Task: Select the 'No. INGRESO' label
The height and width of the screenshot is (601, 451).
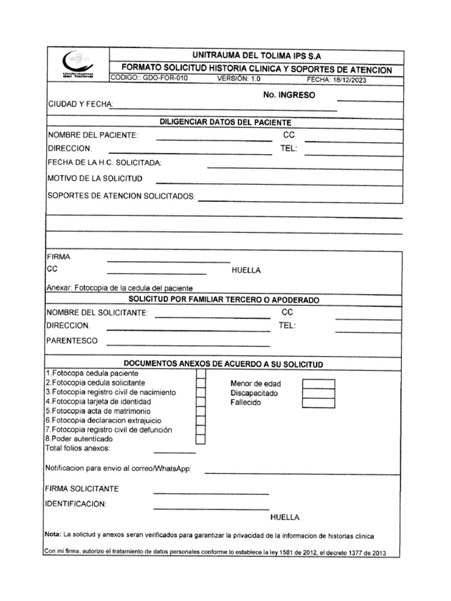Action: (290, 95)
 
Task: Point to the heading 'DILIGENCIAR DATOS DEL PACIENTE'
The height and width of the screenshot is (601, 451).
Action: (225, 122)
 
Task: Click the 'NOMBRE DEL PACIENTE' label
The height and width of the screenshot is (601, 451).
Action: (92, 136)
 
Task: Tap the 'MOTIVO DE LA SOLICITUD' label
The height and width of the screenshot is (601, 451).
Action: (94, 178)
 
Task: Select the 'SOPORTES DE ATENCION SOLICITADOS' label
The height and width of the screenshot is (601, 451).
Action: (120, 196)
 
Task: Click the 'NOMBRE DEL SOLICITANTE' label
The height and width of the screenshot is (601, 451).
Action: (97, 313)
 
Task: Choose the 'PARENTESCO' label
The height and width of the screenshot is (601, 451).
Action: (72, 341)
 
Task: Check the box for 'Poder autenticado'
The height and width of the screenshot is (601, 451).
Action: (200, 439)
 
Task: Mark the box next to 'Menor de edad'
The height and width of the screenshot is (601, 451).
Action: (318, 384)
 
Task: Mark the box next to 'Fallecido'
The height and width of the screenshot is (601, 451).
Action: (318, 403)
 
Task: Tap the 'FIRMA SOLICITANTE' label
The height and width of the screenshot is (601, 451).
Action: (82, 489)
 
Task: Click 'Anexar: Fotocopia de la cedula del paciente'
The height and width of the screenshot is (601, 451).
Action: (119, 288)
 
